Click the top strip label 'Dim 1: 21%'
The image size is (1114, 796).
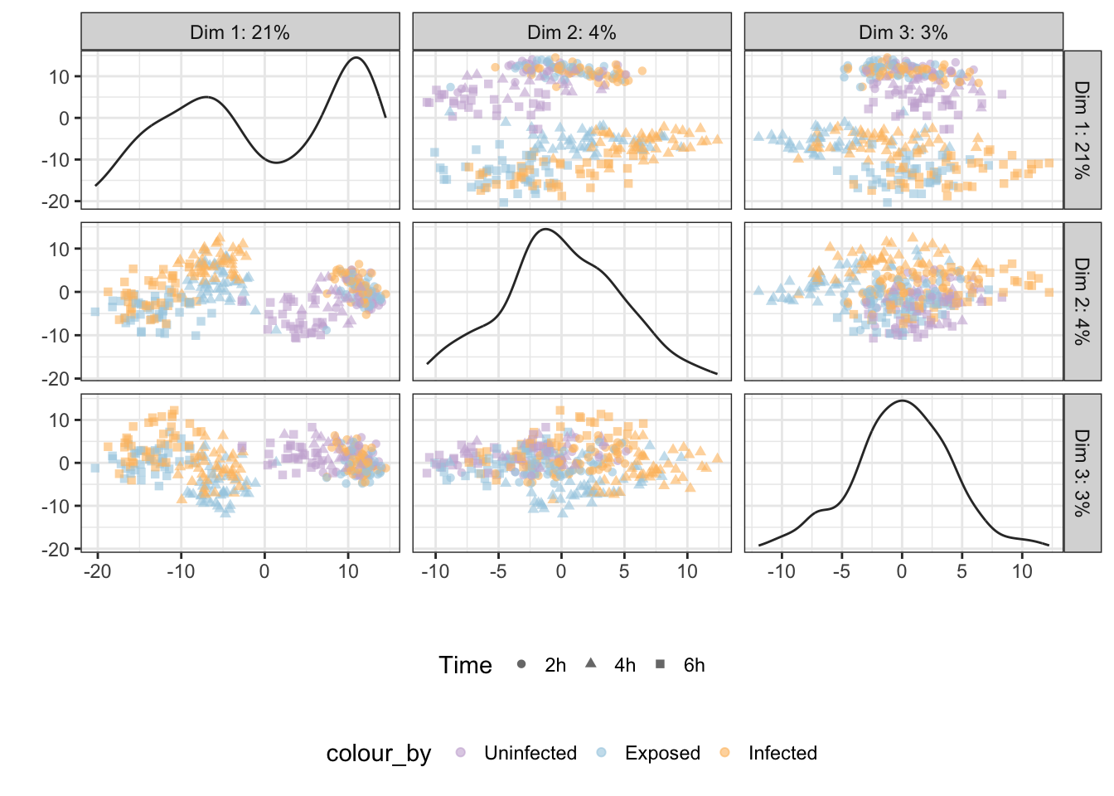[240, 33]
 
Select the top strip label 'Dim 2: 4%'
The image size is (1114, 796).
[571, 33]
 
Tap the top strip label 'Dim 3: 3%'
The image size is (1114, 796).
[903, 33]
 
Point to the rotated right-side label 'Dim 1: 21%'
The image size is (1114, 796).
[1083, 130]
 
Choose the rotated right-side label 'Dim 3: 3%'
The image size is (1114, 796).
[1083, 473]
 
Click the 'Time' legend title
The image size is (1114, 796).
[465, 665]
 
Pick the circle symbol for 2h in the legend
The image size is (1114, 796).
[521, 664]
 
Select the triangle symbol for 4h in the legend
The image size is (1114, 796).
[591, 663]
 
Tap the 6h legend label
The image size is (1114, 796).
[695, 665]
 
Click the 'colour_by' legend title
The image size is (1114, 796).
[379, 754]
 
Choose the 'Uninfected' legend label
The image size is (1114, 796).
[530, 753]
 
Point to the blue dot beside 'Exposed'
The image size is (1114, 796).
[602, 752]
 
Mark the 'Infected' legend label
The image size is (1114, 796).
[782, 753]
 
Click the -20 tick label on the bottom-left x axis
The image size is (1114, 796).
[98, 571]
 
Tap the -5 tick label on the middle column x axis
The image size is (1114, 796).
[498, 571]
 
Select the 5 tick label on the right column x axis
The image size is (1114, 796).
[961, 571]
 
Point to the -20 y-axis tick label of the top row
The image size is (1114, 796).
[55, 201]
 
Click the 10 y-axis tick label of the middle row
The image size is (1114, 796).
[59, 249]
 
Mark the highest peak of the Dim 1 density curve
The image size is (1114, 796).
[356, 58]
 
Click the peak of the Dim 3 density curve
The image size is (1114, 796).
[902, 400]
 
